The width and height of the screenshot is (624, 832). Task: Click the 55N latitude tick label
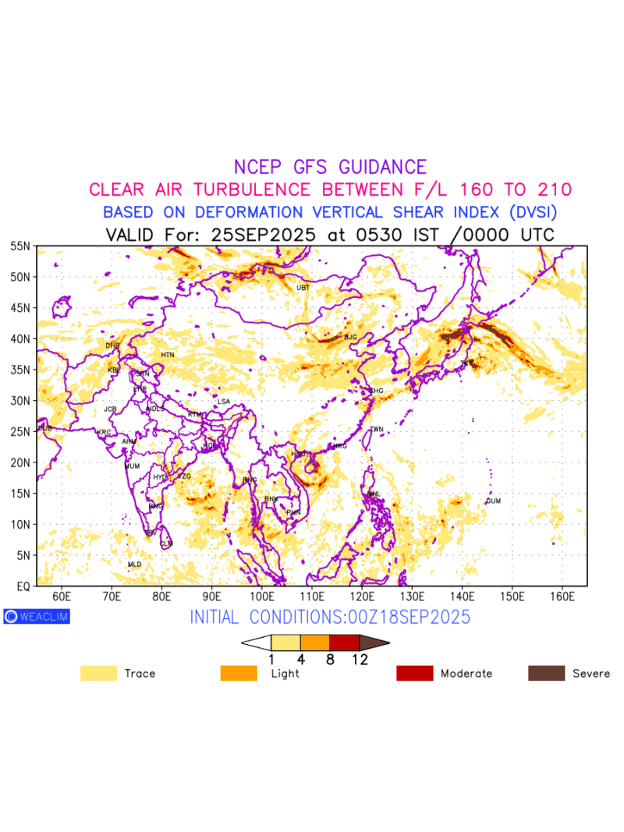(20, 246)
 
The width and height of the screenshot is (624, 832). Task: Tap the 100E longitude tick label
(262, 597)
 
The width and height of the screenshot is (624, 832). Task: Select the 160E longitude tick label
(562, 597)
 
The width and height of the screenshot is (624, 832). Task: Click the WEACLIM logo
(37, 616)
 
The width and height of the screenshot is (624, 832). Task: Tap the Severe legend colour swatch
(547, 673)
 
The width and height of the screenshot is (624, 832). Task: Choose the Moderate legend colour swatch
(414, 673)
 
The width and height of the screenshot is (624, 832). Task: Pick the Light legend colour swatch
(239, 673)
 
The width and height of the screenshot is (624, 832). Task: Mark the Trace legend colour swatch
(98, 673)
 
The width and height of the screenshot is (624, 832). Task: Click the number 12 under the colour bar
(360, 659)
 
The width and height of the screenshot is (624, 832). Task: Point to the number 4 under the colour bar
(300, 659)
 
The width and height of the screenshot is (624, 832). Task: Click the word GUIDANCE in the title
(382, 167)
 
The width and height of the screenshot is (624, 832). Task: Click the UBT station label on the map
(303, 288)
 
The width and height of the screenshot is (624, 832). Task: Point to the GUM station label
(493, 501)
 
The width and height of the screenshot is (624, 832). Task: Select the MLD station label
(134, 564)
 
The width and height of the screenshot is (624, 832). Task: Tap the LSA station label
(224, 402)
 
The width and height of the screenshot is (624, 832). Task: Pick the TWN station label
(377, 430)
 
